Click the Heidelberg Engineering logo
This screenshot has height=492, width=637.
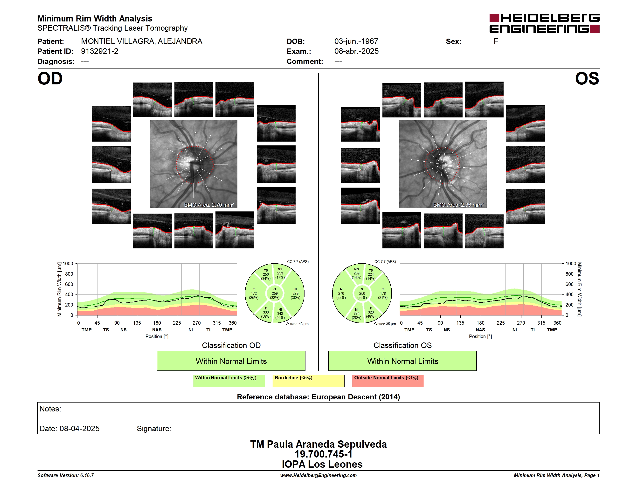coord(544,23)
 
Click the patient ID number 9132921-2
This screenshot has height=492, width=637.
coord(100,51)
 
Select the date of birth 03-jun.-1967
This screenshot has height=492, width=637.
coord(356,41)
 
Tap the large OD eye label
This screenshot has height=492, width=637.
coord(50,79)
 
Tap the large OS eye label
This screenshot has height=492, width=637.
coord(587,79)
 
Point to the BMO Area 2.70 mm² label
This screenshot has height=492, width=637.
coord(209,205)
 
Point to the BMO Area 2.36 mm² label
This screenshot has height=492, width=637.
coord(458,205)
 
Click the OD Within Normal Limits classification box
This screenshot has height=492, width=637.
coord(231,361)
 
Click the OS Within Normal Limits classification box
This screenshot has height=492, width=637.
coord(402,361)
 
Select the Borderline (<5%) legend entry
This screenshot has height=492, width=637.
coord(309,381)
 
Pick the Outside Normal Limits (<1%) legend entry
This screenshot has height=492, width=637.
coord(388,381)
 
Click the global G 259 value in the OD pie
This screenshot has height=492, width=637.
coord(274,294)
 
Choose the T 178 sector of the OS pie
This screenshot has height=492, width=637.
coord(383,294)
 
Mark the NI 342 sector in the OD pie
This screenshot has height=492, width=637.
coord(280,314)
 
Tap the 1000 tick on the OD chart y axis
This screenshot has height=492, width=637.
coord(68,264)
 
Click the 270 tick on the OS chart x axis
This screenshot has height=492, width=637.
coord(521,323)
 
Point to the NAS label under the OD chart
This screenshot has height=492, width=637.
coord(157,330)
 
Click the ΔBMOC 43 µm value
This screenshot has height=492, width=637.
coord(298,324)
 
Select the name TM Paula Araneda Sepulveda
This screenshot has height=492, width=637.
coord(318,444)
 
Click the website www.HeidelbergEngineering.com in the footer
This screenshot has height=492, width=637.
coord(318,475)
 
